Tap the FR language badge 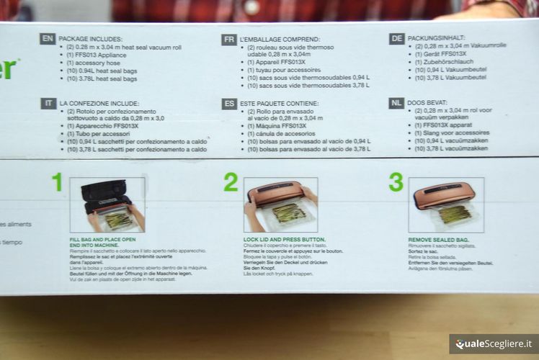229,39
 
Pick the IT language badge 48,104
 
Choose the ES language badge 229,104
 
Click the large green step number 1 57,182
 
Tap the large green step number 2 230,182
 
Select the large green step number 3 396,182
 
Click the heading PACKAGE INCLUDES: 90,39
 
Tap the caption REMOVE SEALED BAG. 438,238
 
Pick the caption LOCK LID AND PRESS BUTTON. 284,238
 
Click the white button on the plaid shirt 252,6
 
